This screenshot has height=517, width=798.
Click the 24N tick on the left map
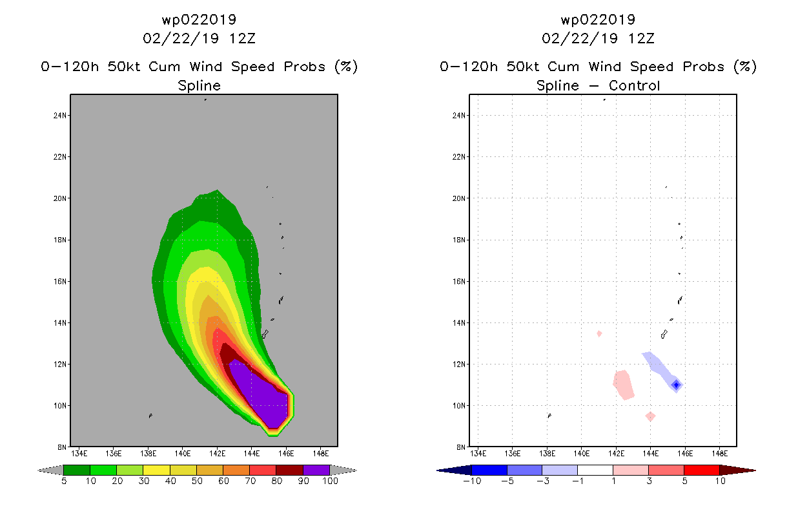[x=61, y=116]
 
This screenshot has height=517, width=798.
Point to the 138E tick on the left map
[x=148, y=452]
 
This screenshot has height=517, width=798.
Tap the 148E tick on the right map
[x=719, y=452]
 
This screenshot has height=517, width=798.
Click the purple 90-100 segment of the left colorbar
[x=316, y=470]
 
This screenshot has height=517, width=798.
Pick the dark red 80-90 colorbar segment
[x=289, y=470]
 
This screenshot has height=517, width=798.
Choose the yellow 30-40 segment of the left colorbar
[x=156, y=470]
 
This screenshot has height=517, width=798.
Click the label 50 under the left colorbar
[x=196, y=481]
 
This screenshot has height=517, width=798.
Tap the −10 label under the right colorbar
[x=470, y=481]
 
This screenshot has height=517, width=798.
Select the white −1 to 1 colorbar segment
[x=595, y=470]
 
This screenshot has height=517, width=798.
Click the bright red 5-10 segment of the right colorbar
[x=701, y=470]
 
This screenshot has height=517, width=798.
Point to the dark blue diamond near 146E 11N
[x=676, y=385]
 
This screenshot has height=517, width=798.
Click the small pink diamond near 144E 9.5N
[x=650, y=417]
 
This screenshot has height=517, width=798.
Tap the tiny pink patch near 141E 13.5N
[x=599, y=333]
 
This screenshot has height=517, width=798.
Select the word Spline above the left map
[x=199, y=85]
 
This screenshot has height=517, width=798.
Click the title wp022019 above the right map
[x=598, y=19]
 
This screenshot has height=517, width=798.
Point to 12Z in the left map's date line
[x=242, y=38]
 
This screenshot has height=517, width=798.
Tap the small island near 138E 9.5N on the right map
[x=549, y=416]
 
